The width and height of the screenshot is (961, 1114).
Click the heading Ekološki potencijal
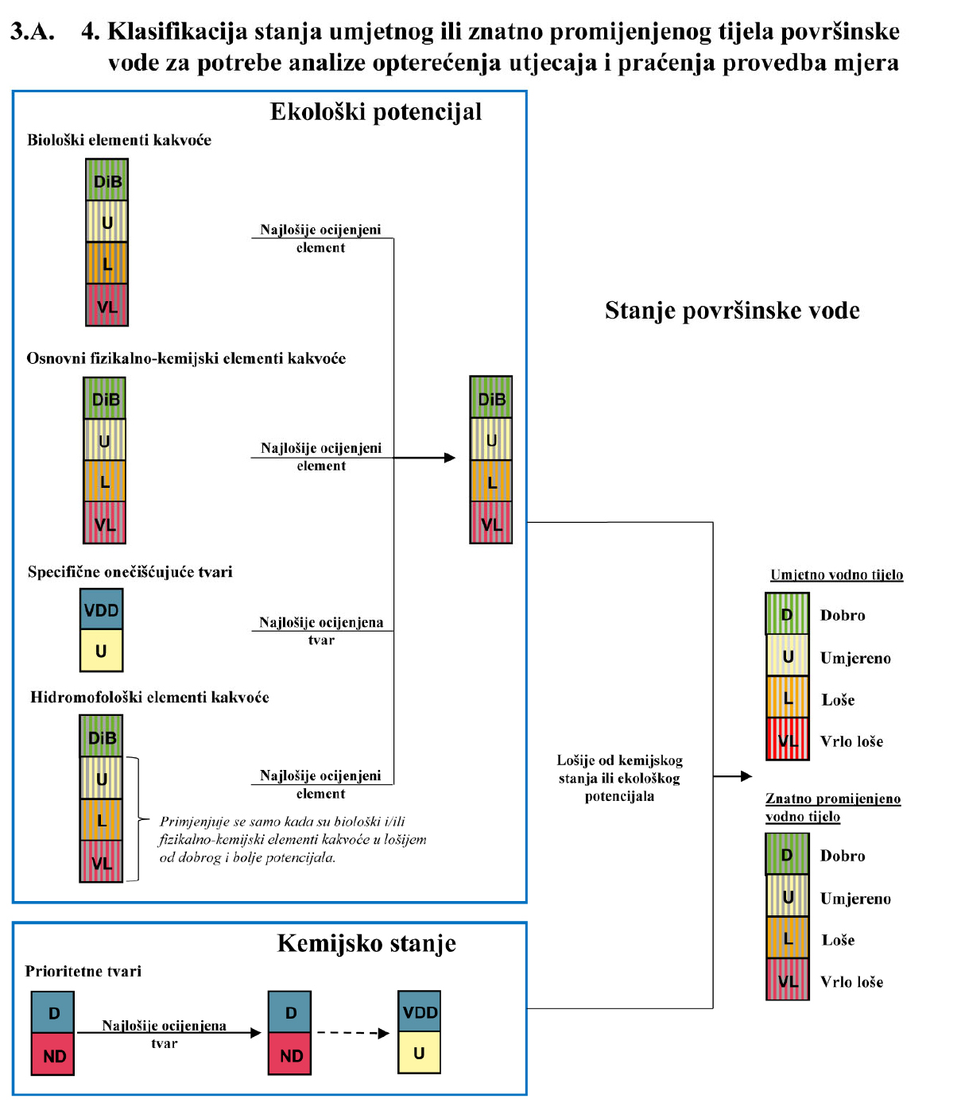click(x=375, y=112)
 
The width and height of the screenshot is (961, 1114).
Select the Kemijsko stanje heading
click(x=366, y=943)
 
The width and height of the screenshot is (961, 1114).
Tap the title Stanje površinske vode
click(x=731, y=311)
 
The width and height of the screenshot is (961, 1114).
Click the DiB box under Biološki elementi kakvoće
click(x=107, y=180)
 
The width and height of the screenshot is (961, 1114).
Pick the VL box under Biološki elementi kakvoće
click(x=107, y=306)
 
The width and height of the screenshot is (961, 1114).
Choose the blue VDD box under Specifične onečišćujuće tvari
click(x=101, y=609)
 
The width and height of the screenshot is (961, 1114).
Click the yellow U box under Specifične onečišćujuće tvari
click(x=101, y=652)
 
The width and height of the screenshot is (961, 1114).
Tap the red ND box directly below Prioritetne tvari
click(x=53, y=1055)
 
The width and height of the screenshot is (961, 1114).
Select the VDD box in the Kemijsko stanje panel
click(x=420, y=1011)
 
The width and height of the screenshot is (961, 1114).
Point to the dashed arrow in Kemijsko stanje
click(x=353, y=1033)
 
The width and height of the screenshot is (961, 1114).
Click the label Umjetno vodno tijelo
click(x=836, y=574)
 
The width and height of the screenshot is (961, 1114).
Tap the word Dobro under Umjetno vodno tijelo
click(x=843, y=615)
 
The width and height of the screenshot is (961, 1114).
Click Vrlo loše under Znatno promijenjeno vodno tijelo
click(x=851, y=982)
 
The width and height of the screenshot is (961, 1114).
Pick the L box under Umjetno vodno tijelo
click(x=787, y=698)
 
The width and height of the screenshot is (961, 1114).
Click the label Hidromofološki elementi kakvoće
click(x=149, y=697)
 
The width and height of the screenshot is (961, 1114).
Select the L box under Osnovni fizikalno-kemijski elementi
click(x=105, y=482)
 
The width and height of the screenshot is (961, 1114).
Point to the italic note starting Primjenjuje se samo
click(x=292, y=839)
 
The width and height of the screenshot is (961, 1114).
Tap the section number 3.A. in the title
click(x=33, y=32)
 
